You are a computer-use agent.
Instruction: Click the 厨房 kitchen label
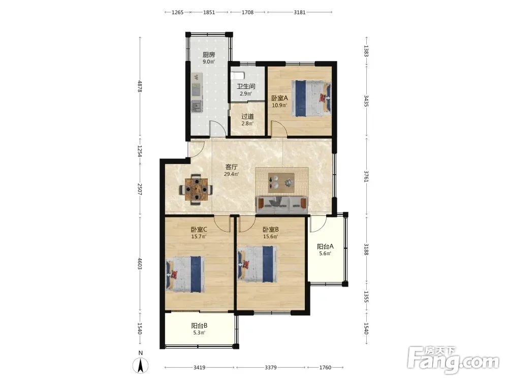click(209, 55)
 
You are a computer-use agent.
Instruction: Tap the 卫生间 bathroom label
click(246, 86)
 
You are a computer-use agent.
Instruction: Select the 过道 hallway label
click(247, 116)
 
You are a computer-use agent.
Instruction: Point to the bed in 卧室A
click(311, 98)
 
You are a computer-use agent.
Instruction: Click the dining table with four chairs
click(196, 189)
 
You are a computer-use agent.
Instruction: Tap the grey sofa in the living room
click(281, 205)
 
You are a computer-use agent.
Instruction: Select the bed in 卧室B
click(258, 264)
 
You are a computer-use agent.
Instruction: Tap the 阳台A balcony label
click(325, 246)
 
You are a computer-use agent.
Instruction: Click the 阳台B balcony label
click(199, 326)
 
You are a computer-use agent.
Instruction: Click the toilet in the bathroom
click(237, 76)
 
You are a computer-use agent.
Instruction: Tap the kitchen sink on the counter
click(196, 106)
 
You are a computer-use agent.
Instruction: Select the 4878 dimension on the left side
click(140, 86)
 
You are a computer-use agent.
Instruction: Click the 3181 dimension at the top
click(300, 12)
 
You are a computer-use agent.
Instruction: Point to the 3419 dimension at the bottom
click(199, 367)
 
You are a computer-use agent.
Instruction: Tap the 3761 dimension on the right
click(366, 176)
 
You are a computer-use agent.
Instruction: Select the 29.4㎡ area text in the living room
click(232, 174)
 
